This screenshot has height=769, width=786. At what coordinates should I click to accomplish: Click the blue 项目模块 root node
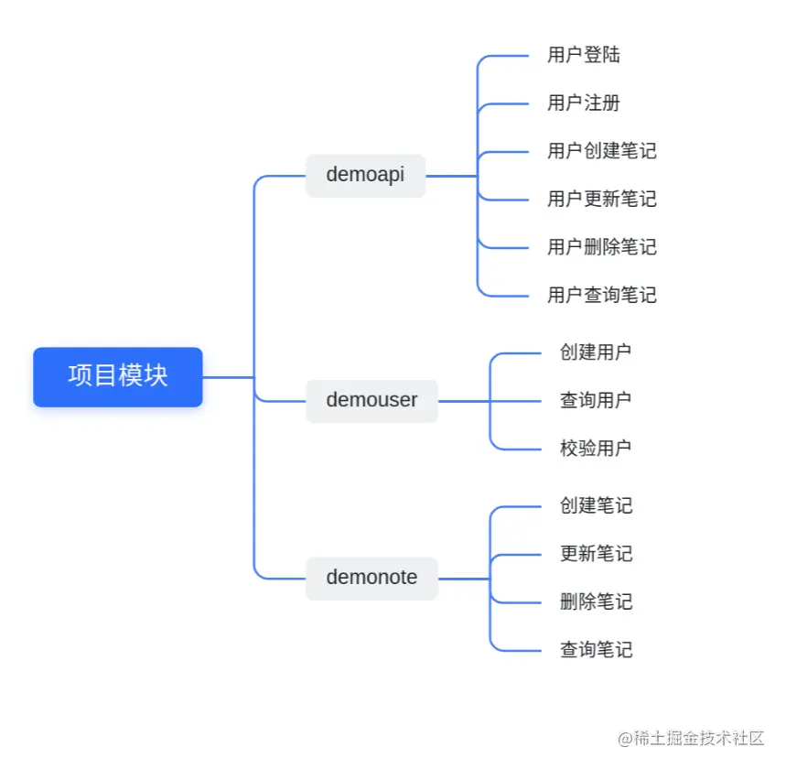[x=118, y=376]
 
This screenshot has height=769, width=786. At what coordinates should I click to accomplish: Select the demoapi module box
[x=365, y=175]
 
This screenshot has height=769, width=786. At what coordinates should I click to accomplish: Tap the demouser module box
[x=371, y=400]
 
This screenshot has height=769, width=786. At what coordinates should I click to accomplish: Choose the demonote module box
[x=371, y=578]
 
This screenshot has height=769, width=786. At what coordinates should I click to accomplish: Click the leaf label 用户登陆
[x=584, y=55]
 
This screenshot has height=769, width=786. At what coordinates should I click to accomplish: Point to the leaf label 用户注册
[x=584, y=103]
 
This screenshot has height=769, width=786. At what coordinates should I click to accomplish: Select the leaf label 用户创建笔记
[x=601, y=151]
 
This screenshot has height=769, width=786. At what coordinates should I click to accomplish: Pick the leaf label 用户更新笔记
[x=601, y=199]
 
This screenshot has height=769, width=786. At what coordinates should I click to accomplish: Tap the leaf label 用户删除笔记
[x=601, y=247]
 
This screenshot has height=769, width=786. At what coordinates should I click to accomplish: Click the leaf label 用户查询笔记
[x=601, y=295]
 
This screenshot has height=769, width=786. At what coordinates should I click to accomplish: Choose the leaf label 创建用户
[x=596, y=352]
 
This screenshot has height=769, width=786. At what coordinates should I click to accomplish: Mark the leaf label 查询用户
[x=596, y=400]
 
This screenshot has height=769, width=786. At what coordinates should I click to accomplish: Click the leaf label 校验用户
[x=596, y=449]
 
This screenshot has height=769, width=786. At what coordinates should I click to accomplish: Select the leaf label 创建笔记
[x=596, y=505]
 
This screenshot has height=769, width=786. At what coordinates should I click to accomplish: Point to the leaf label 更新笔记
[x=596, y=554]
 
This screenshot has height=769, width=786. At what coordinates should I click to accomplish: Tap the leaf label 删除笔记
[x=596, y=601]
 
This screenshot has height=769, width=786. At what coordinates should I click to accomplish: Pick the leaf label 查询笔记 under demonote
[x=596, y=650]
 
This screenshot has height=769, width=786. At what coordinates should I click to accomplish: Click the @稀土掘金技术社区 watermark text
[x=690, y=739]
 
